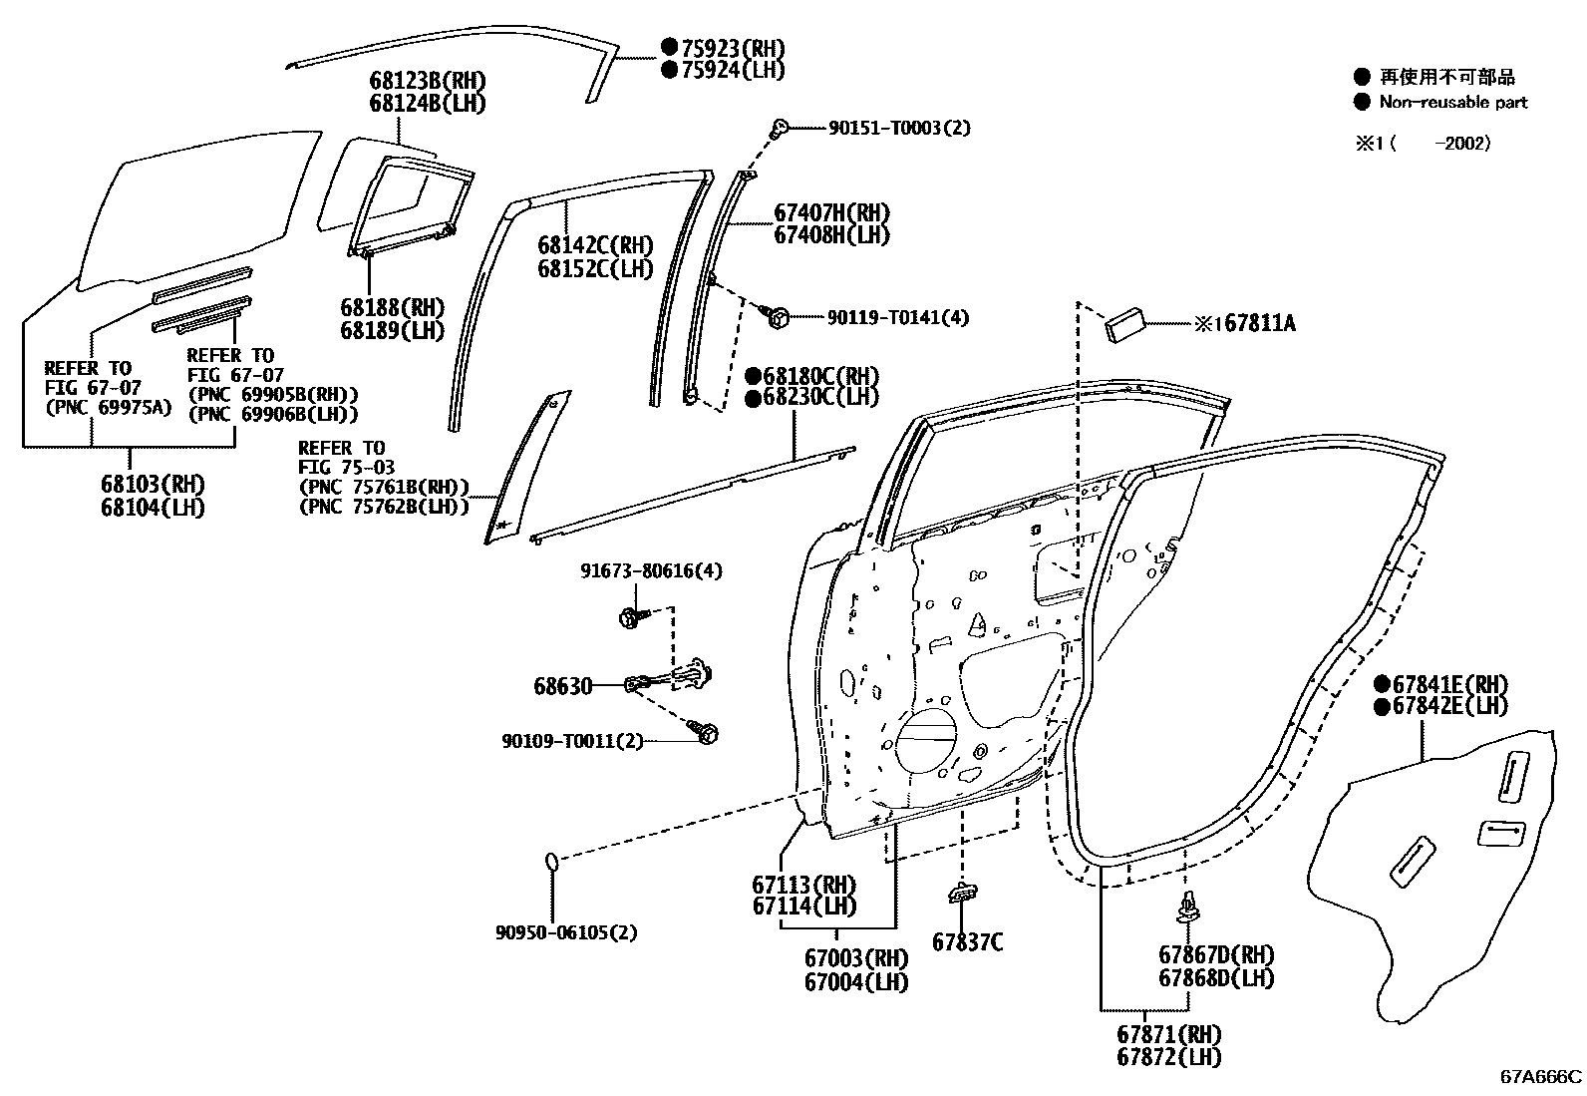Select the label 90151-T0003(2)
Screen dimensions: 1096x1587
coord(899,128)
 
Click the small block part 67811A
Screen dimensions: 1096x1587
coord(1122,326)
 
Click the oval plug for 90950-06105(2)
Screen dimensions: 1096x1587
coord(552,862)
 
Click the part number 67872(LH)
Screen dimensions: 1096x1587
coord(1169,1057)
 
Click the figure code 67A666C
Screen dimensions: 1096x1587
coord(1541,1077)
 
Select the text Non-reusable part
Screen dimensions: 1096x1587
coord(1452,102)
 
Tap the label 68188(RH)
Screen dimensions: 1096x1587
coord(392,307)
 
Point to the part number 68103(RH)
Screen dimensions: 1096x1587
coord(152,484)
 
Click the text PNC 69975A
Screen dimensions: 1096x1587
coord(108,406)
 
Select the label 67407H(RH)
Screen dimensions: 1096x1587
coord(831,212)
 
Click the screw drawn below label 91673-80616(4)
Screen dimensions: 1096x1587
coord(631,618)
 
